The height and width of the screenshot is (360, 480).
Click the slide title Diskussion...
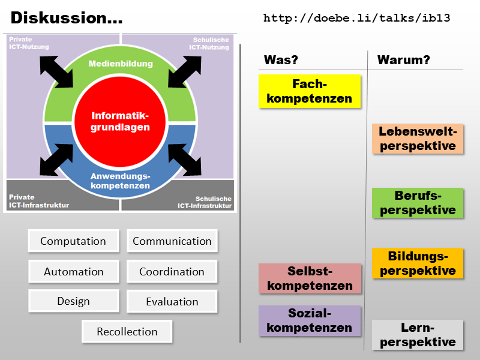tap(67, 18)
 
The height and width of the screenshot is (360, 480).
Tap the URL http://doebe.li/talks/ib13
tap(356, 18)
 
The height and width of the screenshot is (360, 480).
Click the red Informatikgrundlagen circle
tap(120, 121)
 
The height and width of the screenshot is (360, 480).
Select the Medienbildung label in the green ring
tap(120, 64)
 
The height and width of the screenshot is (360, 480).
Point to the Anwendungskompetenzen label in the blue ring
tap(120, 181)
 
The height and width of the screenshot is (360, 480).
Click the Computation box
tap(73, 241)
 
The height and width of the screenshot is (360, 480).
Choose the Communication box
tap(172, 241)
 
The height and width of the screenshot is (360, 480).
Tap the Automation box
tap(73, 271)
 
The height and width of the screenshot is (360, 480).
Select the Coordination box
tap(172, 271)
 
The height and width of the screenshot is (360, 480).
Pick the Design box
tap(73, 301)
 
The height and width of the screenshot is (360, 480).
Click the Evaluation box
tap(172, 301)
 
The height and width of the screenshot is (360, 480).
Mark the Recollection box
tap(127, 331)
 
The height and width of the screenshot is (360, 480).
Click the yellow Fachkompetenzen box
tap(310, 91)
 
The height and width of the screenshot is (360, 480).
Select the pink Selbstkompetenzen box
tap(310, 278)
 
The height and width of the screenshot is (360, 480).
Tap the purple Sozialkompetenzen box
tap(310, 320)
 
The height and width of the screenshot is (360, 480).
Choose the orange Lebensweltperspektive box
tap(418, 139)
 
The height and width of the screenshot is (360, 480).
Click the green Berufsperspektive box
tap(418, 203)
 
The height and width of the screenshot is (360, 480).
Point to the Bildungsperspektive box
tap(418, 263)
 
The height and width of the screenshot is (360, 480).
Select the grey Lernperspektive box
tap(418, 335)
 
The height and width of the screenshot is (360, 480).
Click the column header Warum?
tap(403, 60)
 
